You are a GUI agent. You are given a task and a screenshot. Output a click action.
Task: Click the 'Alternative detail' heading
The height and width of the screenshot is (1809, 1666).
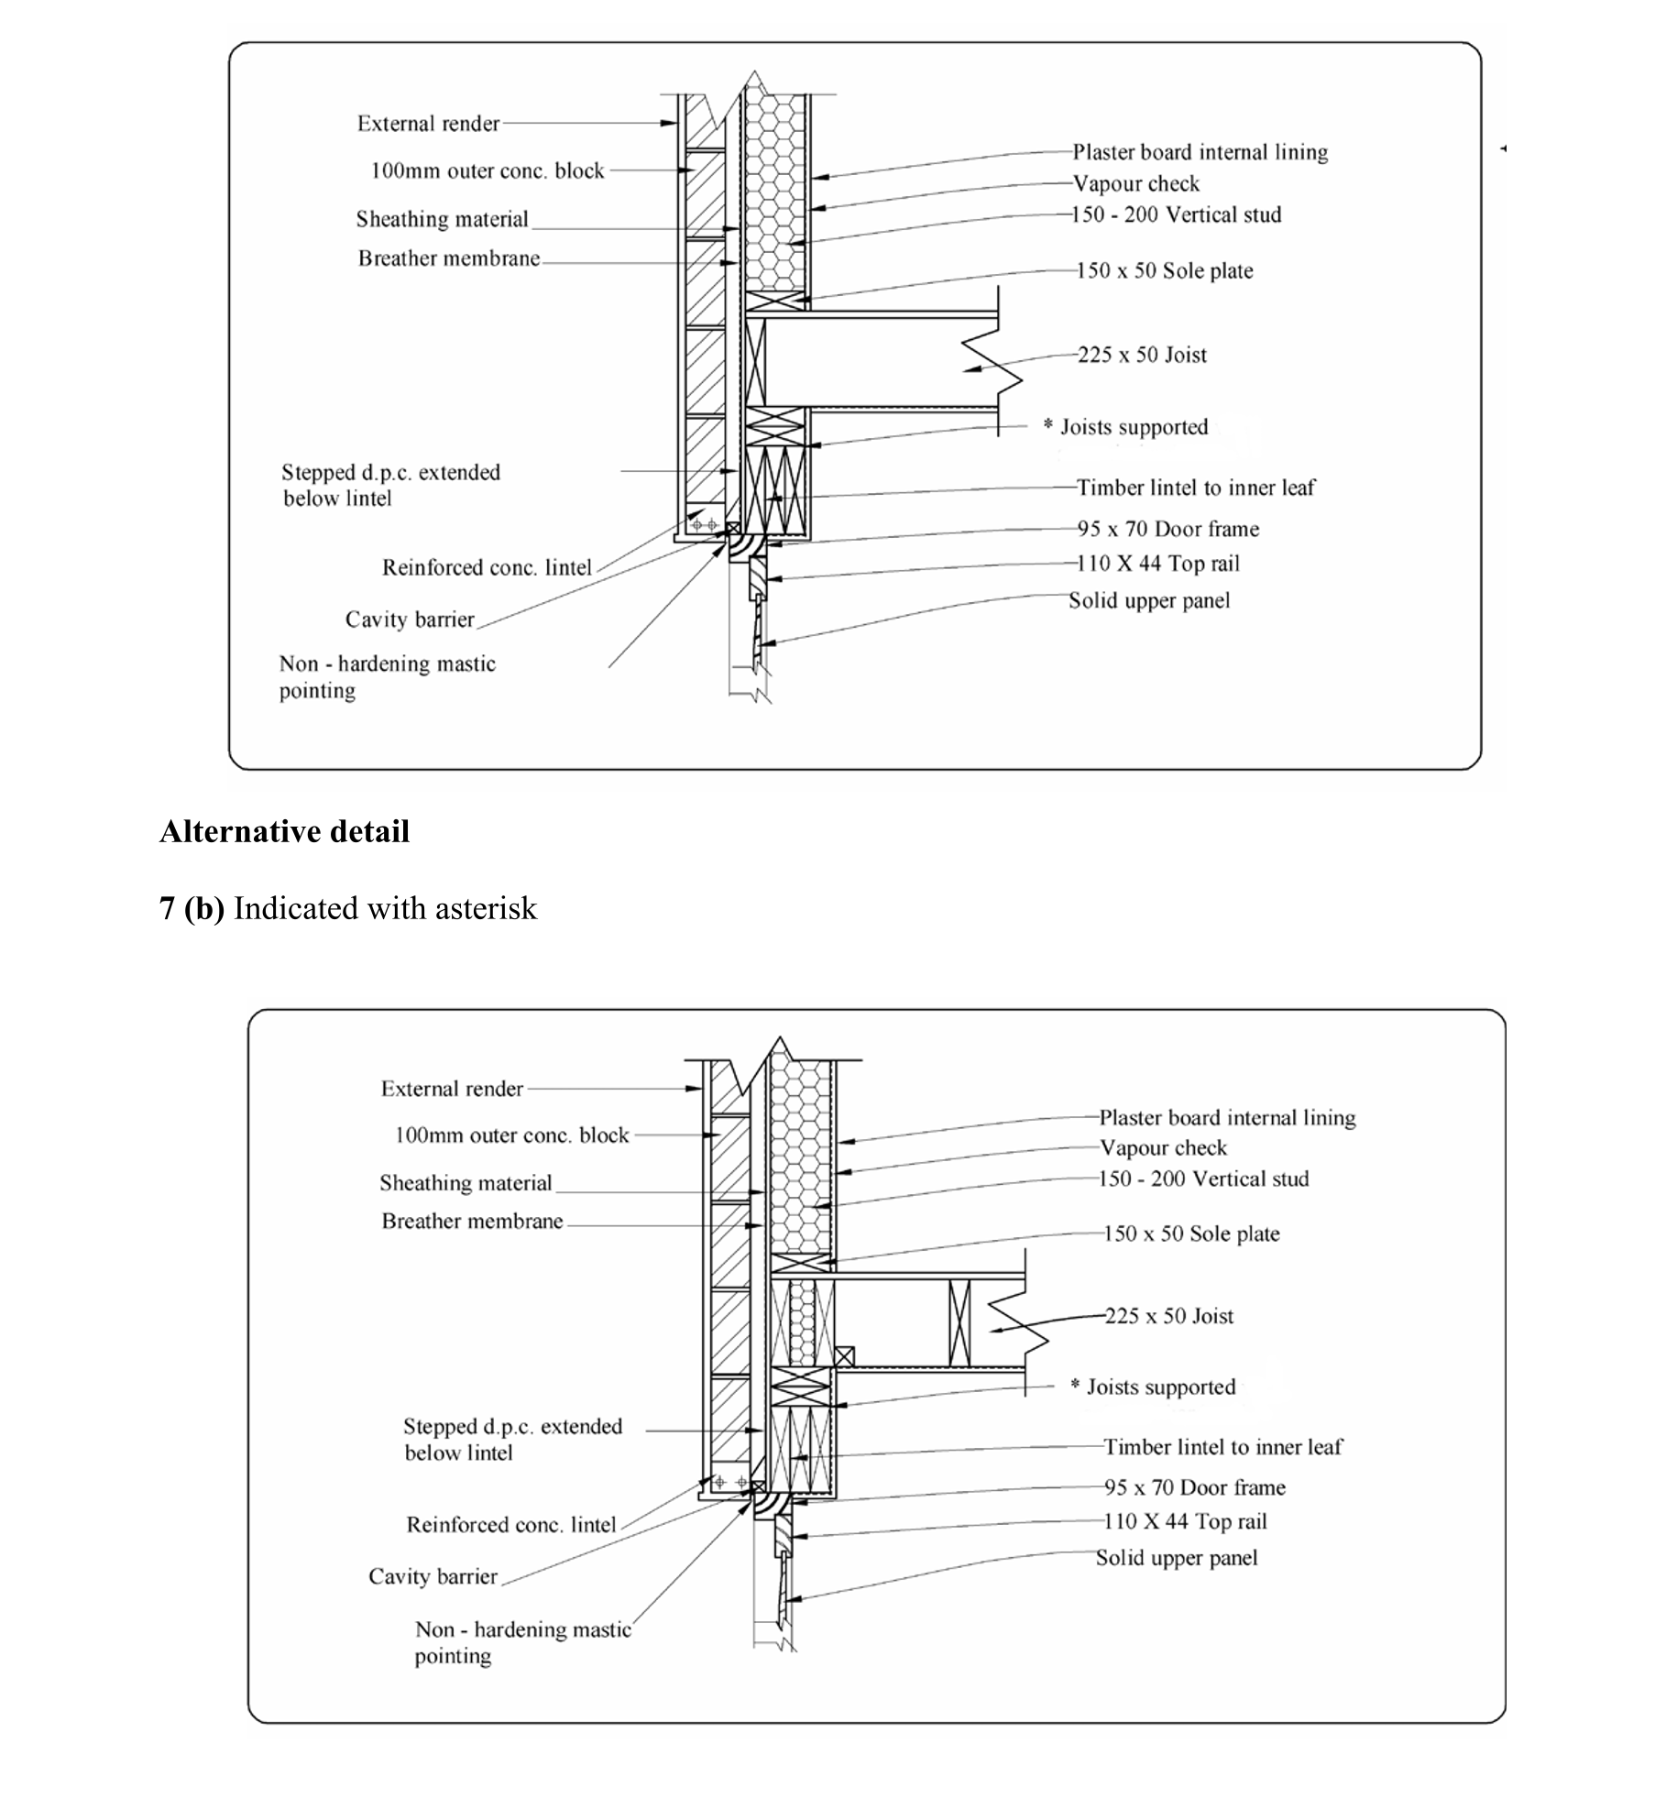[x=284, y=831]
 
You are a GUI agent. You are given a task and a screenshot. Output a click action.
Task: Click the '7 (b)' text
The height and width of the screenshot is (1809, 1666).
[x=192, y=908]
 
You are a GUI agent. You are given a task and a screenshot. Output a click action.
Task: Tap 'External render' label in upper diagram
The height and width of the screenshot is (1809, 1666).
[x=428, y=124]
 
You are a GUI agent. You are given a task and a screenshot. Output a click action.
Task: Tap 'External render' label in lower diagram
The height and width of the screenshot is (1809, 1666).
[x=452, y=1089]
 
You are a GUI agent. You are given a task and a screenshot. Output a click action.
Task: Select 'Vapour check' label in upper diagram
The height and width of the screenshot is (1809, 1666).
[x=1135, y=183]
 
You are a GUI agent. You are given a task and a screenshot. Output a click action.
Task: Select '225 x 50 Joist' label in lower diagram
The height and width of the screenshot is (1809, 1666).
[x=1168, y=1316]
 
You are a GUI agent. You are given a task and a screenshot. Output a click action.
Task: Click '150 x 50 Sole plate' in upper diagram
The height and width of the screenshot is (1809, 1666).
[x=1164, y=270]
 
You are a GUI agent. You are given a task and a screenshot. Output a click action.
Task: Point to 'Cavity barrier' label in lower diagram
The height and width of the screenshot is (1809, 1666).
[x=433, y=1576]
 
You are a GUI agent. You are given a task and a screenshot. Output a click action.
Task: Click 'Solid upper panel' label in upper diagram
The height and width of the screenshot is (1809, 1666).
[x=1149, y=600]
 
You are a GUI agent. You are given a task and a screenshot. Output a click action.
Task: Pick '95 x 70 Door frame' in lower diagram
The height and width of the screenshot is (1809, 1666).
[x=1194, y=1487]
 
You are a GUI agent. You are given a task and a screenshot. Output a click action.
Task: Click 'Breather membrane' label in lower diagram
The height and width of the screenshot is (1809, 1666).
[x=472, y=1222]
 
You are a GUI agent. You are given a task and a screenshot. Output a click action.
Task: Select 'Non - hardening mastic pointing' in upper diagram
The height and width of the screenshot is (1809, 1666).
[x=387, y=676]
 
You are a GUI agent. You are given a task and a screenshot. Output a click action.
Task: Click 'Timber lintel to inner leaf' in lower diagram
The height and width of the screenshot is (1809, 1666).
[x=1222, y=1447]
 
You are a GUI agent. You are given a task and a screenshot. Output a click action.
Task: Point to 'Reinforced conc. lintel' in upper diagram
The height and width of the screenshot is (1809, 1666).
[x=487, y=567]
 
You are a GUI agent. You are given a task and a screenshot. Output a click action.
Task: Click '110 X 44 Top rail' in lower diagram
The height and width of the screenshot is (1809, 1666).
[x=1185, y=1521]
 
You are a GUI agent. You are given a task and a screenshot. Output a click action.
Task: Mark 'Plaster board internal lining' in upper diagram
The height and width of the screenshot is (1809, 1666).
[x=1200, y=152]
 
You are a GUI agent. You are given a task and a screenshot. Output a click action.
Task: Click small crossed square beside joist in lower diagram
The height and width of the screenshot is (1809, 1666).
[x=844, y=1357]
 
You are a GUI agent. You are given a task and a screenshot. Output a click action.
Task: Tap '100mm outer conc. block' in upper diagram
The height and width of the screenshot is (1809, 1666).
[x=487, y=170]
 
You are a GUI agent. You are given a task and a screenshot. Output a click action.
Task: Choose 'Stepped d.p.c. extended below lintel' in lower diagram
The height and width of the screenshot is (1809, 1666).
[x=512, y=1439]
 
